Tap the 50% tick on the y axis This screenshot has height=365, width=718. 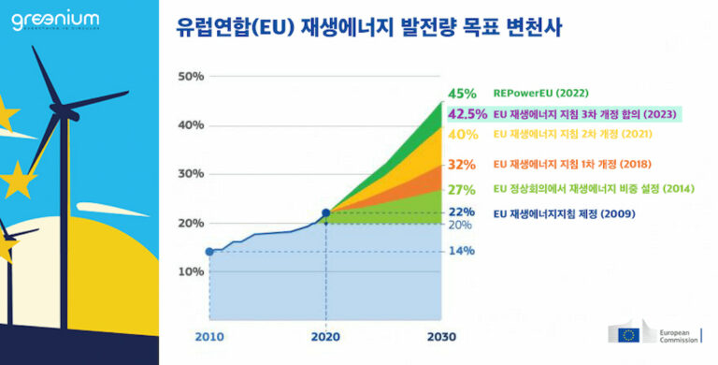(191, 76)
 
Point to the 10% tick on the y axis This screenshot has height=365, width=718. (191, 271)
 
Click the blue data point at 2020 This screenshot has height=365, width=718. (325, 213)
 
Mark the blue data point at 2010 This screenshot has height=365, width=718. (209, 251)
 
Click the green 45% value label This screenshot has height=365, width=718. (462, 94)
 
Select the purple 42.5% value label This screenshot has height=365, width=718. (467, 114)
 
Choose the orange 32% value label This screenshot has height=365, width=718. (462, 164)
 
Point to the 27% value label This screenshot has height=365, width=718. (462, 189)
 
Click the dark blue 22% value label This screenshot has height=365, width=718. (462, 212)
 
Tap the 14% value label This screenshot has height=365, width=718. (462, 251)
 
